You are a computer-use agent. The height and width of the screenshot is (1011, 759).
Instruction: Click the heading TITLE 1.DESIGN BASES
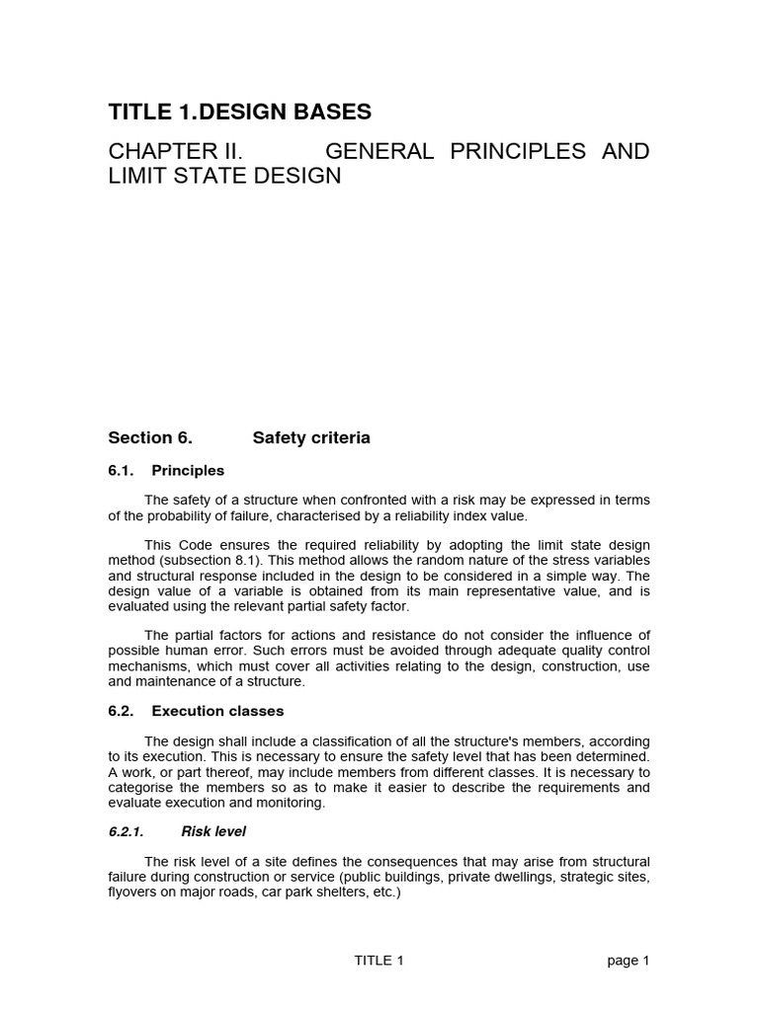240,113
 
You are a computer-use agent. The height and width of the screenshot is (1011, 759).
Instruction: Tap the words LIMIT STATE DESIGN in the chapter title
224,177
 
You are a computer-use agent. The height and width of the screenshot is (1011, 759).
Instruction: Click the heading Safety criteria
311,437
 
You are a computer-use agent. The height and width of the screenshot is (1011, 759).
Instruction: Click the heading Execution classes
217,711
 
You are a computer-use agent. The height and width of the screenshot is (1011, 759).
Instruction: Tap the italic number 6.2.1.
126,832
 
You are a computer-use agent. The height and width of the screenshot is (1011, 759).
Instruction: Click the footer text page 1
630,961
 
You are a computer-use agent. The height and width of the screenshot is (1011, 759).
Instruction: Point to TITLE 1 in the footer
379,961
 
